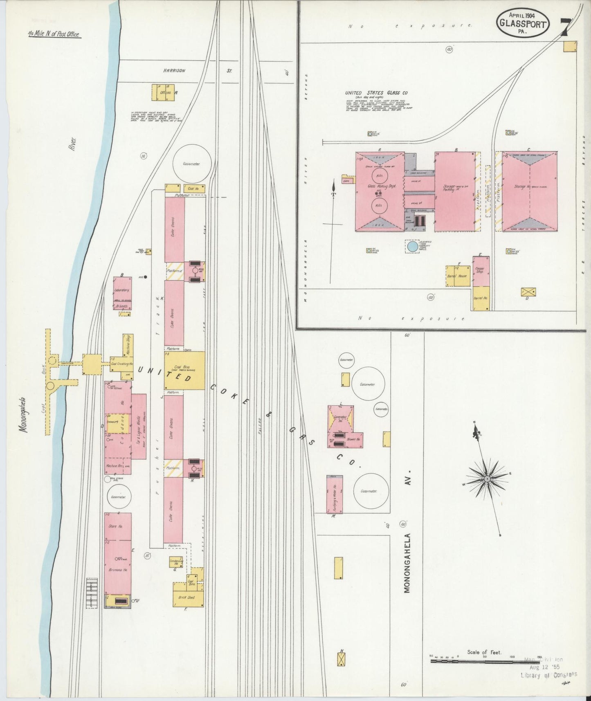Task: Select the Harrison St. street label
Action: pyautogui.click(x=198, y=71)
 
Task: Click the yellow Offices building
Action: pyautogui.click(x=163, y=93)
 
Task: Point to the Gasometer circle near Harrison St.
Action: pyautogui.click(x=191, y=164)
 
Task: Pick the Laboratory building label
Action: pyautogui.click(x=122, y=290)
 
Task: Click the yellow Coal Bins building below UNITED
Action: pyautogui.click(x=184, y=370)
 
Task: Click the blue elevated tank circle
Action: pyautogui.click(x=412, y=247)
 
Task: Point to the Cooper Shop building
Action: pyautogui.click(x=481, y=271)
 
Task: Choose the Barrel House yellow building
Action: pyautogui.click(x=458, y=276)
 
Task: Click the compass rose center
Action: pyautogui.click(x=487, y=479)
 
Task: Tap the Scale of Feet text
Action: pyautogui.click(x=484, y=652)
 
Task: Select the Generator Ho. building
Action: pyautogui.click(x=340, y=418)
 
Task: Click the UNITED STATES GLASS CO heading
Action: pyautogui.click(x=376, y=93)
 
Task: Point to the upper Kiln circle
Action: pyautogui.click(x=379, y=177)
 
